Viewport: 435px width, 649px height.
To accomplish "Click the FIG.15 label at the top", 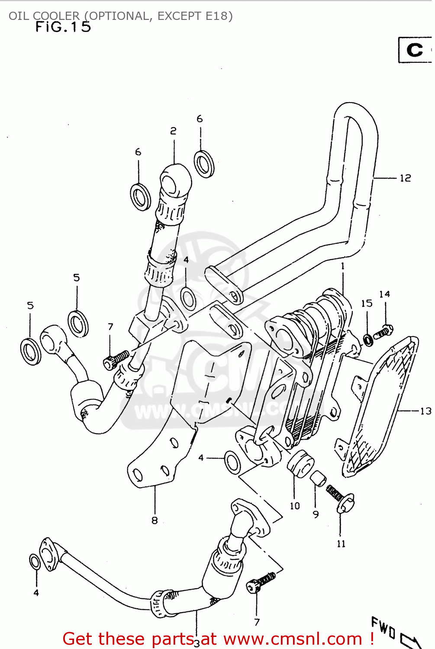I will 63,27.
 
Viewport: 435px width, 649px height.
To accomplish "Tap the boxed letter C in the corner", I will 415,50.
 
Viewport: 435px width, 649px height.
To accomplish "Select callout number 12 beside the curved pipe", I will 405,178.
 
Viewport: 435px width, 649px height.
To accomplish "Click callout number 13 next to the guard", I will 425,411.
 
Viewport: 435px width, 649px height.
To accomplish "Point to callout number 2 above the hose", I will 173,131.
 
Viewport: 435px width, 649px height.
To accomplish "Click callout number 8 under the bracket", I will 155,520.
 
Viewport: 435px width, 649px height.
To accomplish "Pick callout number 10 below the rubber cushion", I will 295,505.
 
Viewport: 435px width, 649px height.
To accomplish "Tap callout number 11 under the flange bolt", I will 341,544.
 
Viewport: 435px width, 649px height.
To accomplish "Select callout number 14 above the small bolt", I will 384,294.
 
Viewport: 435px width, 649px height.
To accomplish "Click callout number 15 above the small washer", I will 367,303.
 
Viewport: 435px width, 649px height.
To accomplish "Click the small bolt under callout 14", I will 383,332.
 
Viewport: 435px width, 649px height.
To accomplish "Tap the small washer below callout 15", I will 368,340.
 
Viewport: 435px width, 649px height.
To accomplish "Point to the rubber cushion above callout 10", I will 300,463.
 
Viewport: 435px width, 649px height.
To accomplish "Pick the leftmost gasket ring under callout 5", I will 30,351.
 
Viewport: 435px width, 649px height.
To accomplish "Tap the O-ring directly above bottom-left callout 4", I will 35,562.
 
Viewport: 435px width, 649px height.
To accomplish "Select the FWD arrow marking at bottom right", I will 392,632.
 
